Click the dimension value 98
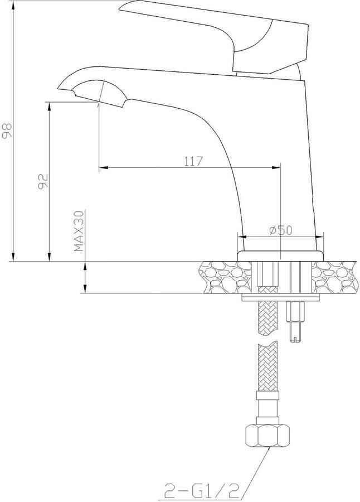(7, 130)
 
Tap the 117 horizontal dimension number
(192, 161)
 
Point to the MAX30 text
(79, 231)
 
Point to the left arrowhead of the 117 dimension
(103, 167)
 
